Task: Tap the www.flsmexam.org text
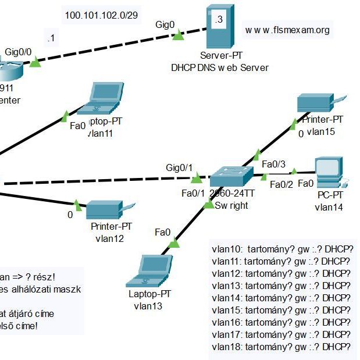287,30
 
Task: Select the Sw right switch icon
231,176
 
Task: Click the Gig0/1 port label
179,167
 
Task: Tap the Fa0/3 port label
272,163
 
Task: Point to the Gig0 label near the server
165,24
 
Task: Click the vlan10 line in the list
283,248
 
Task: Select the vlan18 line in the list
283,347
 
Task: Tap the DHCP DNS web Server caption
220,67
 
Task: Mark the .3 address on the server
218,19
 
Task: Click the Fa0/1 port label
193,193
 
